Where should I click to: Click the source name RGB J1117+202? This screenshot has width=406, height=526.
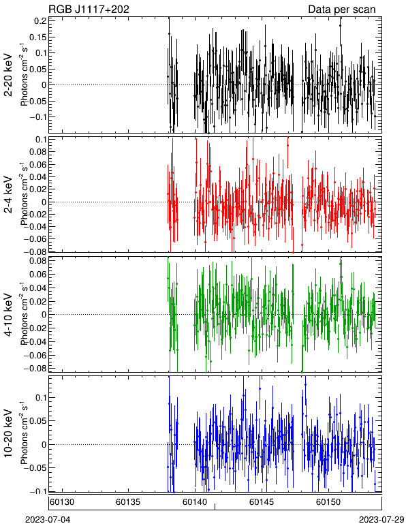(89, 9)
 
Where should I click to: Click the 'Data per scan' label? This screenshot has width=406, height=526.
(342, 10)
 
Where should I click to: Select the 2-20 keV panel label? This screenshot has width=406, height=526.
(8, 75)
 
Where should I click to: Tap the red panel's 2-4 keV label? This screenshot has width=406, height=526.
(8, 195)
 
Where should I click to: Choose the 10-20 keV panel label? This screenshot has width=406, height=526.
(8, 433)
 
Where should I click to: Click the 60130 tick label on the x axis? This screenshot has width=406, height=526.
(62, 502)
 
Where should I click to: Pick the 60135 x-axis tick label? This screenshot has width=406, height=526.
(128, 502)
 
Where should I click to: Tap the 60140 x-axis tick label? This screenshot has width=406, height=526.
(195, 502)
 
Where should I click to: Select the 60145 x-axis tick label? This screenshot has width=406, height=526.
(262, 502)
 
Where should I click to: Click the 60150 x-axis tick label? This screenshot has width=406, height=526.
(328, 502)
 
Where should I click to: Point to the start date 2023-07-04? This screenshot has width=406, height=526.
(48, 520)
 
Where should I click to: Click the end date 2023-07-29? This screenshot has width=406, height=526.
(381, 520)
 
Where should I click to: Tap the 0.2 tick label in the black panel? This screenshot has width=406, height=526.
(40, 21)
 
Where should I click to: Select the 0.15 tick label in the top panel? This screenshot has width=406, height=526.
(37, 37)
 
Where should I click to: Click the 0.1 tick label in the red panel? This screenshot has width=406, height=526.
(40, 140)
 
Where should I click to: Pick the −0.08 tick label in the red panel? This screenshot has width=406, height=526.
(35, 251)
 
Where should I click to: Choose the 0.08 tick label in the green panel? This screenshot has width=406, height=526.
(37, 261)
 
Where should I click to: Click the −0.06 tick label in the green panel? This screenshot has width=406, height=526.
(35, 355)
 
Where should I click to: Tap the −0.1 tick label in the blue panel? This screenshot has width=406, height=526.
(37, 491)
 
